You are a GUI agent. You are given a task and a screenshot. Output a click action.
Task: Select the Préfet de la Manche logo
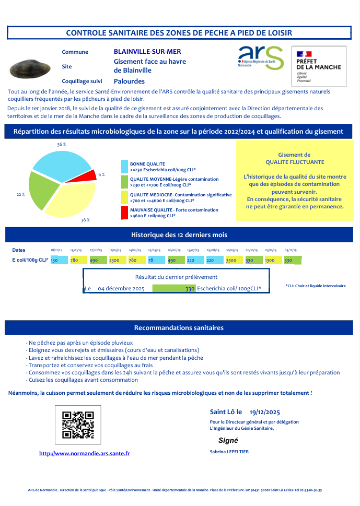318,66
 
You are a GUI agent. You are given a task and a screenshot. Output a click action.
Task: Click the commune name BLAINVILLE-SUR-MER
147,52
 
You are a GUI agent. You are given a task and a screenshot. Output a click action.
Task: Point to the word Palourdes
129,81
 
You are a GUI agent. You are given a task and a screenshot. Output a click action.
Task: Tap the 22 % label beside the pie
21,194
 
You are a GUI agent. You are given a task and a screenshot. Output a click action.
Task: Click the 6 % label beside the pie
101,174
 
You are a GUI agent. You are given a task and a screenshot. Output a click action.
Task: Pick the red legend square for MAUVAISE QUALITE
124,213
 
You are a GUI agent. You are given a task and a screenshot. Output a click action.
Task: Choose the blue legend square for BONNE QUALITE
124,167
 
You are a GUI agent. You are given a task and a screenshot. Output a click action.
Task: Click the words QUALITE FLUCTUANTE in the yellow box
294,162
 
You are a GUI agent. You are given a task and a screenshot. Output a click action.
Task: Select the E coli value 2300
114,260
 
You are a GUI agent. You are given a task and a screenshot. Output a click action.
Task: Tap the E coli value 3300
231,260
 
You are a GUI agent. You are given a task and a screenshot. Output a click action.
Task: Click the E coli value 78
150,260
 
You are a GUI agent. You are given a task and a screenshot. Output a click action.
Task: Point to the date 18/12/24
56,251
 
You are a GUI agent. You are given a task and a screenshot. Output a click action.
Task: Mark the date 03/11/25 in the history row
271,251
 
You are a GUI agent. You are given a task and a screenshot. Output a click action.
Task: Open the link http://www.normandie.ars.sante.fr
85,454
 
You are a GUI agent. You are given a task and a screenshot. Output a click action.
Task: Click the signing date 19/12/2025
265,412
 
